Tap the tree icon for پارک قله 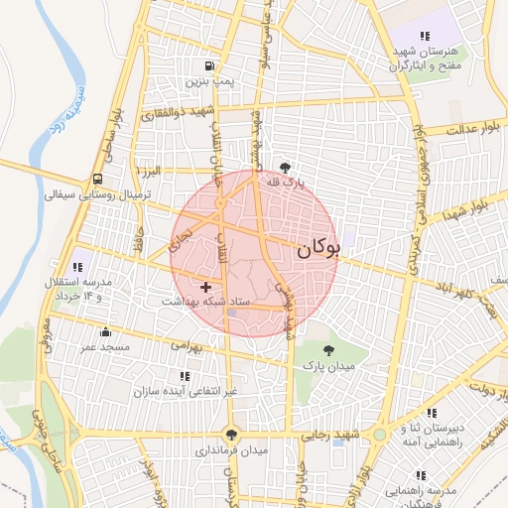click(x=287, y=167)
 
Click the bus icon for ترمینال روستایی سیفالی click(x=98, y=180)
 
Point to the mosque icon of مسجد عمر click(x=106, y=331)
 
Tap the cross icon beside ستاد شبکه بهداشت click(x=205, y=287)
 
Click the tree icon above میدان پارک click(x=328, y=348)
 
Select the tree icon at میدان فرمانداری click(x=232, y=434)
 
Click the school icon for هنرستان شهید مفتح click(x=425, y=37)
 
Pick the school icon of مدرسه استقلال click(x=78, y=266)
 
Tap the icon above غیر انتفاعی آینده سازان click(x=185, y=376)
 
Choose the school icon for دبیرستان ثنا click(x=432, y=413)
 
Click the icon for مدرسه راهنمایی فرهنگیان click(x=420, y=474)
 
